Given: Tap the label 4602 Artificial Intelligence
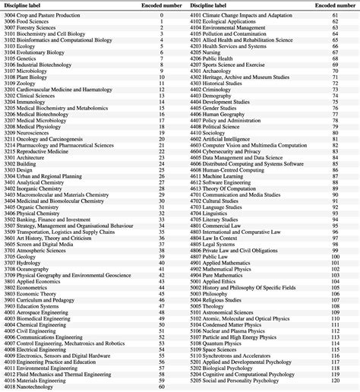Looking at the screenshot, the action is [x=227, y=140].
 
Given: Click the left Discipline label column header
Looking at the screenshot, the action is [x=30, y=4].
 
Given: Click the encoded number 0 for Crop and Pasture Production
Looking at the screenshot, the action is [x=162, y=15].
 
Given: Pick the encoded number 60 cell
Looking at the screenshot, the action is [x=162, y=387].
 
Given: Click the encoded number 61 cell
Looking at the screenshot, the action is [x=335, y=15].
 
